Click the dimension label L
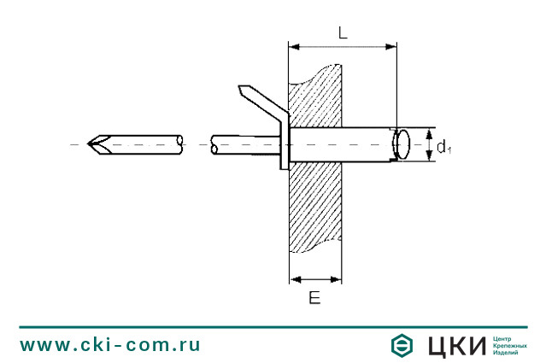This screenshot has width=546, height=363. (x=342, y=33)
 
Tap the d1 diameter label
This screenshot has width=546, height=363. (x=443, y=148)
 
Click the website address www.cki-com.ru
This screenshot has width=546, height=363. (x=110, y=345)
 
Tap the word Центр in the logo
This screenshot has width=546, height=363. (x=504, y=338)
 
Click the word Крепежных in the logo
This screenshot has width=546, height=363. (x=510, y=345)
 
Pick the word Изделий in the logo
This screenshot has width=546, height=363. (x=507, y=352)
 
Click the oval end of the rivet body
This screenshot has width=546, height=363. (x=403, y=144)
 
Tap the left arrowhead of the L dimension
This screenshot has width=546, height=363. (x=294, y=46)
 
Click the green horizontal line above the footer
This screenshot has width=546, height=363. (x=273, y=326)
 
